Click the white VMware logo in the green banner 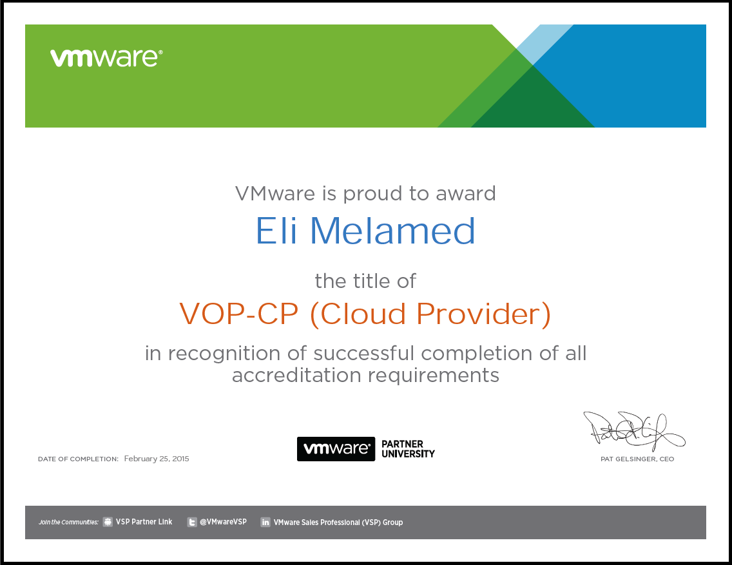click(106, 58)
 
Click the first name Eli click(276, 231)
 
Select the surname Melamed click(392, 231)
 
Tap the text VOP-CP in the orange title click(238, 314)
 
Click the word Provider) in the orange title click(484, 314)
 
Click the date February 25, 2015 click(157, 459)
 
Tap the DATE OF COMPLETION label click(78, 459)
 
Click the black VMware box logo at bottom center click(336, 449)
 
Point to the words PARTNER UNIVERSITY click(408, 449)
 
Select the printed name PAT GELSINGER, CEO click(637, 459)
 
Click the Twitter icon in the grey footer click(192, 522)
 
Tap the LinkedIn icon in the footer click(265, 522)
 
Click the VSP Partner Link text click(144, 522)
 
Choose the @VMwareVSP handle click(223, 522)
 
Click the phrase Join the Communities click(68, 522)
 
